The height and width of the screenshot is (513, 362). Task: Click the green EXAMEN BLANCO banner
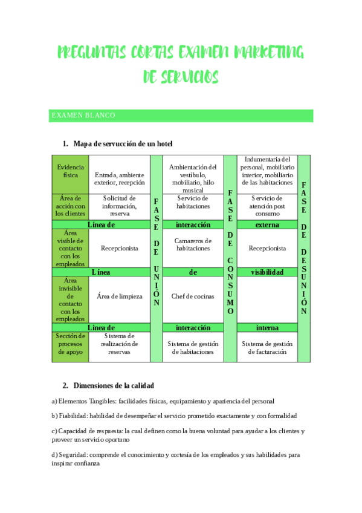181,116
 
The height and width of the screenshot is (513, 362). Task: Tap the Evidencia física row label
70,171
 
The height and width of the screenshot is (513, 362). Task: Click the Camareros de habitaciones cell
193,244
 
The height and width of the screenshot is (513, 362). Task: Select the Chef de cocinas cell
193,296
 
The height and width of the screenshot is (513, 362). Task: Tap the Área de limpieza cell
119,296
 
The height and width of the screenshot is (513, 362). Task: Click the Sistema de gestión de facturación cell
267,347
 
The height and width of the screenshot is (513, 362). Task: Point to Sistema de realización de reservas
119,344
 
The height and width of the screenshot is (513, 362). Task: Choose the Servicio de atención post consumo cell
267,206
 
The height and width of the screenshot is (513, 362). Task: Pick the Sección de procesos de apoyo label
70,344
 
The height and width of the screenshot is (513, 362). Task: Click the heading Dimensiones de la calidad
113,385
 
